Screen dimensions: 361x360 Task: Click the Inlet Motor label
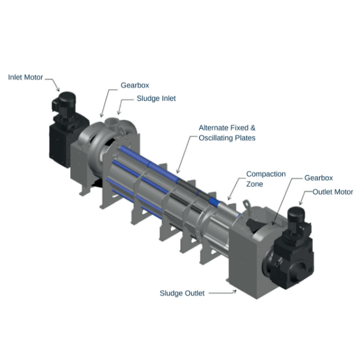25,77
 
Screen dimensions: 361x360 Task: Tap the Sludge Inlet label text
156,98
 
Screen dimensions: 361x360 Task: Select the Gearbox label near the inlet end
135,85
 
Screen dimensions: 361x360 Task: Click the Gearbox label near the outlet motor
319,178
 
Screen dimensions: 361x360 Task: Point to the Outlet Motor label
333,192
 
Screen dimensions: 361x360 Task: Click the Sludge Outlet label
182,293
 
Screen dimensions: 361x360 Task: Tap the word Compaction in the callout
266,174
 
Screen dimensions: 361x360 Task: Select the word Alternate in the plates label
213,127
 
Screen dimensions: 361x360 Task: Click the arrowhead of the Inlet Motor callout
58,90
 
